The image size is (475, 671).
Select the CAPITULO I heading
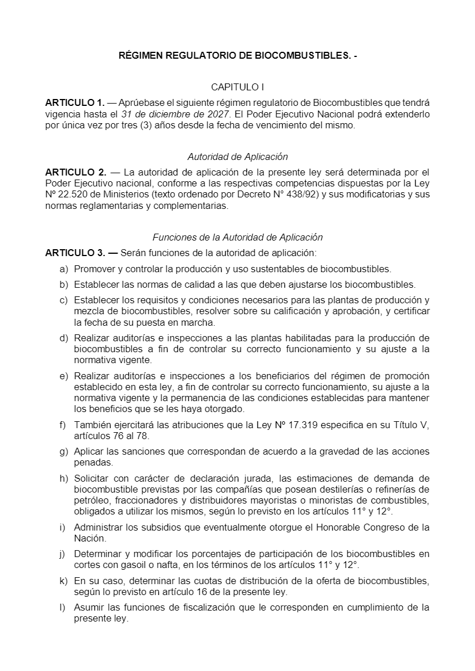(237, 87)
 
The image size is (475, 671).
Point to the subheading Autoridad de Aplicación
(237, 157)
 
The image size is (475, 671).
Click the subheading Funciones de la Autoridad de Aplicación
(237, 237)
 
